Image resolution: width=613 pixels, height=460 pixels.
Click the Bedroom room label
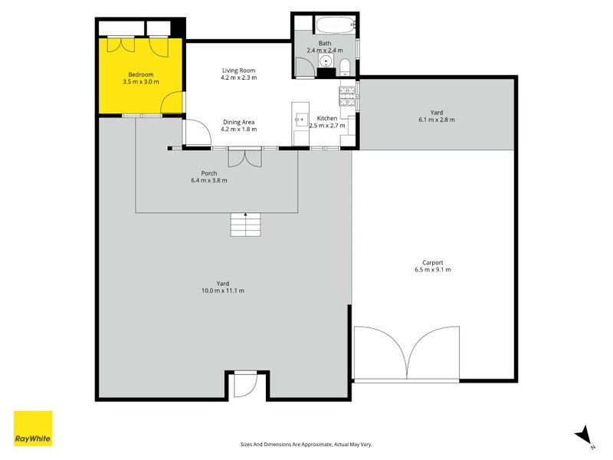click(x=141, y=74)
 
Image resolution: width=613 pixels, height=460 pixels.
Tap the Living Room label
click(x=238, y=71)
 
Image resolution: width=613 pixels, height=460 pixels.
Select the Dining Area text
click(x=238, y=122)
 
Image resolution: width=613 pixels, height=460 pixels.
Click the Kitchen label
click(x=327, y=118)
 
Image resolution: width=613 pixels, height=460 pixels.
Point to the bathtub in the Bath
click(x=336, y=25)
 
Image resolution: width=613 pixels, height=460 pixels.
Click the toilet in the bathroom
click(x=345, y=67)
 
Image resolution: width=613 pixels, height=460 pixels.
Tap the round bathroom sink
click(x=326, y=61)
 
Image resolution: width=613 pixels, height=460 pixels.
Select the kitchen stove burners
click(x=348, y=97)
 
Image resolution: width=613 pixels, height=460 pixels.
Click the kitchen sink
click(x=301, y=119)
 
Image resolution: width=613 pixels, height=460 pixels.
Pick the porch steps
click(x=245, y=225)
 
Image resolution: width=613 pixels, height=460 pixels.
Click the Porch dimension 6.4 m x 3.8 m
click(x=209, y=180)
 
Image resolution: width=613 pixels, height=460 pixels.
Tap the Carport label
click(x=433, y=262)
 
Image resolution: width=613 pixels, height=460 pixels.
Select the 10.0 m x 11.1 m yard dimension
click(x=223, y=291)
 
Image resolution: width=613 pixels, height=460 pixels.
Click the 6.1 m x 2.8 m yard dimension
click(x=437, y=120)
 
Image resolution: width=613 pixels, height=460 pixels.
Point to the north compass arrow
click(x=584, y=435)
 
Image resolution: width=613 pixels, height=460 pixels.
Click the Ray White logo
click(x=33, y=429)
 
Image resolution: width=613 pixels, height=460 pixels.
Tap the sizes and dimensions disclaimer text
click(x=306, y=445)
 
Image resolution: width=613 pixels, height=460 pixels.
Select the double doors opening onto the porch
click(x=244, y=157)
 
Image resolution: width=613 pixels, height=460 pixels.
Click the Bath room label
click(x=325, y=44)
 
